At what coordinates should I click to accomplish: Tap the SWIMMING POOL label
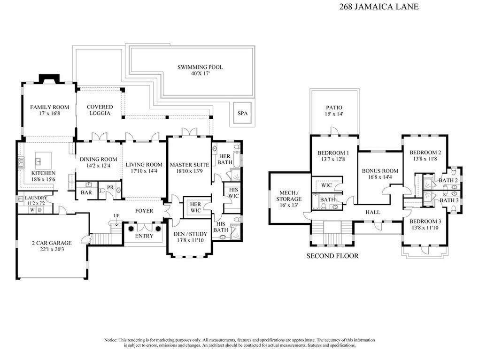tap(200, 67)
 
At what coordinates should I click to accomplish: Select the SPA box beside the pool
tap(242, 114)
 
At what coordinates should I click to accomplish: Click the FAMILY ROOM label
tap(49, 107)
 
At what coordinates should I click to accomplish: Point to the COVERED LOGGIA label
tap(100, 110)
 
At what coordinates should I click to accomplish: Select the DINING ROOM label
tap(98, 159)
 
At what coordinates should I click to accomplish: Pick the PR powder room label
tap(110, 188)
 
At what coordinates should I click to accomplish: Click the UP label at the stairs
tap(116, 215)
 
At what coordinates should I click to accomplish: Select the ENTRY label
tap(144, 236)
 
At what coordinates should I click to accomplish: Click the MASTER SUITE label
tap(189, 165)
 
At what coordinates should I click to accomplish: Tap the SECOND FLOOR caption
tap(332, 256)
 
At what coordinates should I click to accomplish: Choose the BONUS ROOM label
tap(379, 171)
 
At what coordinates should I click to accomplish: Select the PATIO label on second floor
tap(333, 107)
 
